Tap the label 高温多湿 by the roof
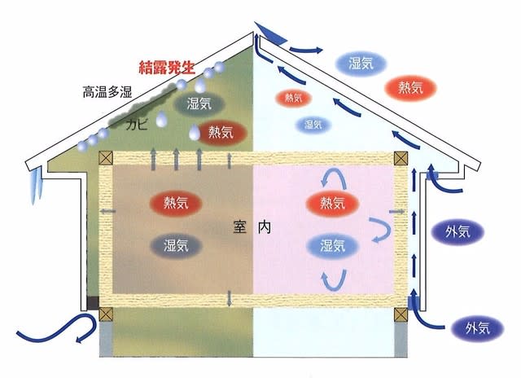[x=107, y=92]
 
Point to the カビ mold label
[x=136, y=125]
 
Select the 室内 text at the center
[x=252, y=227]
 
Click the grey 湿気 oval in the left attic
[x=199, y=103]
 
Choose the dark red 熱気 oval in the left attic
[x=221, y=133]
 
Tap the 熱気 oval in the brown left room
[x=176, y=203]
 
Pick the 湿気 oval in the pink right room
[x=332, y=246]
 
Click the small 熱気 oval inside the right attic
[x=293, y=98]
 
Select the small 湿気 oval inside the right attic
[x=313, y=125]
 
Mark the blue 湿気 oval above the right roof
[x=361, y=64]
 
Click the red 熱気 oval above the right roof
[x=410, y=88]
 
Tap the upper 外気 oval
[x=458, y=232]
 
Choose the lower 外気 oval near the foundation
[x=478, y=328]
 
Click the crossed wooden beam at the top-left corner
[x=106, y=157]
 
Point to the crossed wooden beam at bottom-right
[x=401, y=314]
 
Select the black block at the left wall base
[x=93, y=302]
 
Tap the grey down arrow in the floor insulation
[x=229, y=298]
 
